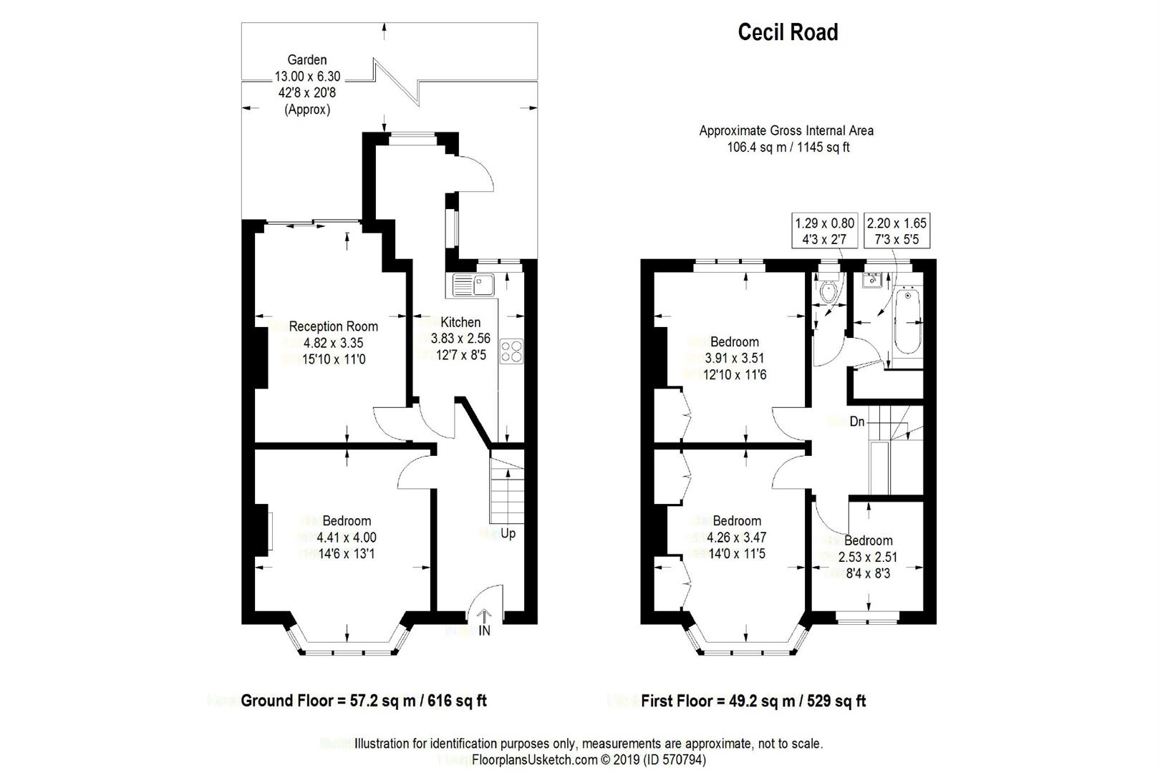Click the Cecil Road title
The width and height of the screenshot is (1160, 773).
click(x=788, y=32)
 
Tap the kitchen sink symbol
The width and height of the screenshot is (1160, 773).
click(x=474, y=285)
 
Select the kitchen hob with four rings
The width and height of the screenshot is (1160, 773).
click(x=512, y=351)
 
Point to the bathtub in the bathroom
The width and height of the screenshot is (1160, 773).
click(x=907, y=321)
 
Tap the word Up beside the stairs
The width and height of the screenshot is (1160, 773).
click(x=508, y=533)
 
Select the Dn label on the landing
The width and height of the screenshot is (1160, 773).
click(x=857, y=422)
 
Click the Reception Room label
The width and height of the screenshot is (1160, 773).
click(x=333, y=326)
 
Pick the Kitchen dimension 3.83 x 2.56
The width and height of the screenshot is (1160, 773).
click(x=460, y=339)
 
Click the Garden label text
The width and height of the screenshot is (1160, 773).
click(x=307, y=60)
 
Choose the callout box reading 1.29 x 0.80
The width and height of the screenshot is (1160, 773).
click(x=824, y=231)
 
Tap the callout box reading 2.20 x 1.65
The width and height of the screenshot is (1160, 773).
click(x=897, y=231)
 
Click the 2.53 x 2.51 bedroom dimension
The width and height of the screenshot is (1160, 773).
click(x=868, y=557)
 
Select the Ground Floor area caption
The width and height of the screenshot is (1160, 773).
click(x=364, y=701)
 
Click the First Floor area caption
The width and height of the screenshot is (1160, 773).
click(x=753, y=701)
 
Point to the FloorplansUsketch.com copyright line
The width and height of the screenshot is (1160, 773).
click(x=589, y=759)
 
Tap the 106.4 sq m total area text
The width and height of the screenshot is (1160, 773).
click(x=788, y=147)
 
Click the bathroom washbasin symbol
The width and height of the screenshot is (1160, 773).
click(x=871, y=280)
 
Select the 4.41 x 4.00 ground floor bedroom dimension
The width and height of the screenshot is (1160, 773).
click(x=347, y=538)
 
